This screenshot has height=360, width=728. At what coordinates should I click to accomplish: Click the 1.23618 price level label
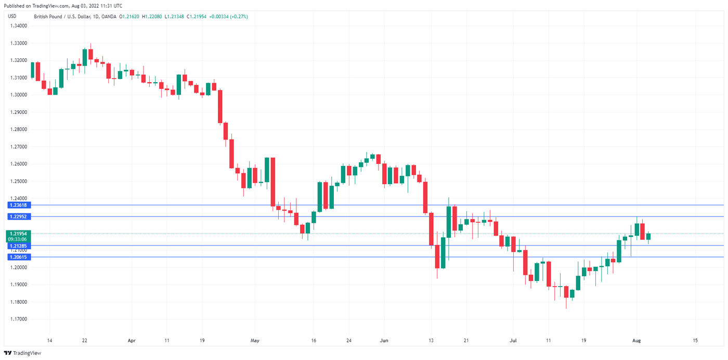pyautogui.click(x=18, y=205)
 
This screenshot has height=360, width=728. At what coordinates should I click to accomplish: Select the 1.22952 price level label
pyautogui.click(x=18, y=216)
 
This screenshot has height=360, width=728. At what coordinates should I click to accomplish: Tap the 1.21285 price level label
pyautogui.click(x=18, y=246)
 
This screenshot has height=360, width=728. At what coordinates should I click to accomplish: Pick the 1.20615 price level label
pyautogui.click(x=18, y=257)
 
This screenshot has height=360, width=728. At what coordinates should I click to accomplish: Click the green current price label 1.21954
pyautogui.click(x=18, y=234)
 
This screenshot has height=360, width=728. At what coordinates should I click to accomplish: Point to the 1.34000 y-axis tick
pyautogui.click(x=18, y=26)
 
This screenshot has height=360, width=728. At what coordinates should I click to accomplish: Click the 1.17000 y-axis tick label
pyautogui.click(x=18, y=319)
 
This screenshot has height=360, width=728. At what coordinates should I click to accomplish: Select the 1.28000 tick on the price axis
pyautogui.click(x=18, y=130)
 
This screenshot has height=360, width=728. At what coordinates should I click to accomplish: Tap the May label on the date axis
pyautogui.click(x=254, y=340)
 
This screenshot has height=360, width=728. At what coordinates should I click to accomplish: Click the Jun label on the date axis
pyautogui.click(x=384, y=340)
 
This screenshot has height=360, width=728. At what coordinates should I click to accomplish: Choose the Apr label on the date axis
pyautogui.click(x=132, y=340)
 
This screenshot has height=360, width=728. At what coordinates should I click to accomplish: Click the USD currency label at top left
pyautogui.click(x=12, y=17)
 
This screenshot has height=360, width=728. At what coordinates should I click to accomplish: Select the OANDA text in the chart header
pyautogui.click(x=108, y=17)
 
